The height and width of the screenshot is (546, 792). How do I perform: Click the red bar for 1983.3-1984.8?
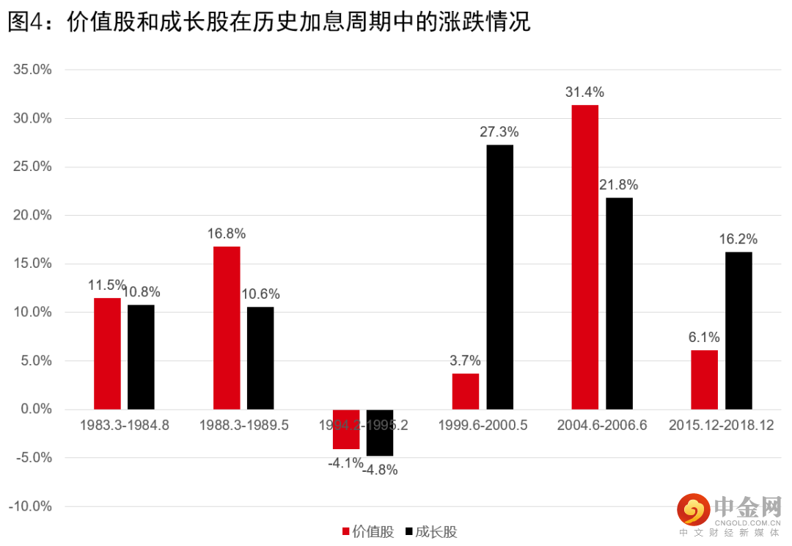pos(107,354)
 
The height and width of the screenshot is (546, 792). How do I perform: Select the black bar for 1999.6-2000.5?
pos(499,277)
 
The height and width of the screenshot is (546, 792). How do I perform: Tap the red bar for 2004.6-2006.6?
pos(584,257)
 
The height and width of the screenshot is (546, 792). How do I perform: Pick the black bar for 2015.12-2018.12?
pos(738,330)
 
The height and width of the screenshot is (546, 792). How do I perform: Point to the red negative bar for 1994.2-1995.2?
pos(346,429)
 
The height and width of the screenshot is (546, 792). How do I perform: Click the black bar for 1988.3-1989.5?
pos(260,357)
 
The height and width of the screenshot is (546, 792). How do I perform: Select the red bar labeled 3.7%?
pos(466,391)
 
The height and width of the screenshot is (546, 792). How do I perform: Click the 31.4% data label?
pos(584,92)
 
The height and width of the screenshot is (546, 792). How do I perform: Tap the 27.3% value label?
pos(499,132)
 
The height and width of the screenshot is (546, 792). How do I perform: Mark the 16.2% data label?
pos(738,239)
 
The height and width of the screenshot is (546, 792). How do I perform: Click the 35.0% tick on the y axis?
pos(32,70)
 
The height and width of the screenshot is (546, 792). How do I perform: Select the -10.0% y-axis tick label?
pos(30,506)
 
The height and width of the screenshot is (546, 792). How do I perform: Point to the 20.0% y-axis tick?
pos(32,216)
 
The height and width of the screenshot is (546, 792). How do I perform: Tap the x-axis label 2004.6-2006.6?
pos(601,426)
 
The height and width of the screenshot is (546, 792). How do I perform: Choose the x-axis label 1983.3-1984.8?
pos(125,426)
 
